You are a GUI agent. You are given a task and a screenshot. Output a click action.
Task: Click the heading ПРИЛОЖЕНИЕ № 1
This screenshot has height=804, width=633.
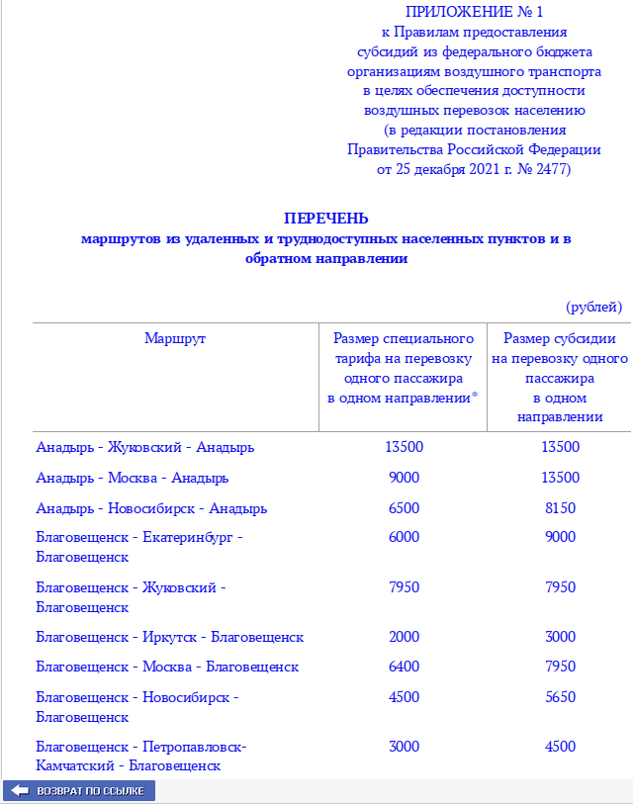click(474, 12)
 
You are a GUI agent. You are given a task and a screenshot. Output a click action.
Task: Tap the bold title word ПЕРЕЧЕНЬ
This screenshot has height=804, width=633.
click(326, 218)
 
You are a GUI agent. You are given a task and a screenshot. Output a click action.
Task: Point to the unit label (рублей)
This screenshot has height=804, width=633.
click(593, 307)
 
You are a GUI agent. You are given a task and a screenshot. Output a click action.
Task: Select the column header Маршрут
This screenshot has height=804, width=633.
click(175, 338)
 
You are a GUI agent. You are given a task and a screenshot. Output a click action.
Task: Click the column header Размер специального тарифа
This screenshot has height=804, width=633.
click(404, 368)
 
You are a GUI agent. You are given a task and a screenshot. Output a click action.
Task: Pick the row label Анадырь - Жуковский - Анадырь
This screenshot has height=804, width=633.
click(144, 447)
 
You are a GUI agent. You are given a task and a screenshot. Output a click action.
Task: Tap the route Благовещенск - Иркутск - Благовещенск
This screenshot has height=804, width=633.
click(169, 636)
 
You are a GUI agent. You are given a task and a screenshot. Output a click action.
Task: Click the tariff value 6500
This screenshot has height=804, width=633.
click(404, 508)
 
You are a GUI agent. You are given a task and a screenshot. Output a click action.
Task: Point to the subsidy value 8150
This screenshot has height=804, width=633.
click(560, 508)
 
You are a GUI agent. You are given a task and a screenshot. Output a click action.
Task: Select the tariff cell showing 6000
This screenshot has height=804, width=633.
click(404, 537)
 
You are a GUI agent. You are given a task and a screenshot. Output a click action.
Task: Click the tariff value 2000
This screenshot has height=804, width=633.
click(404, 636)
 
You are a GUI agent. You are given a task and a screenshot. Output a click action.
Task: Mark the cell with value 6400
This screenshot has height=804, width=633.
click(404, 667)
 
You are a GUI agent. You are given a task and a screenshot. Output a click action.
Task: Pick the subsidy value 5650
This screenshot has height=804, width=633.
click(560, 697)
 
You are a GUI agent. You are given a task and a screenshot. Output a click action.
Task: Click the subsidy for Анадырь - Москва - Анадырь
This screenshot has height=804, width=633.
click(560, 478)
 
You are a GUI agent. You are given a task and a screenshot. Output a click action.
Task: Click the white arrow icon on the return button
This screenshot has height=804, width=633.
click(20, 791)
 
